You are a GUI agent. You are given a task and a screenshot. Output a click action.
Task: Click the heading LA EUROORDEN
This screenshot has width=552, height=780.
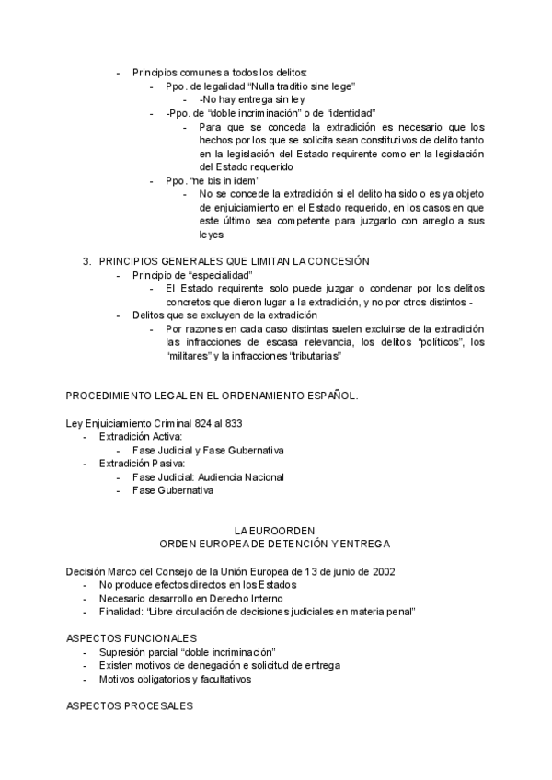click(x=275, y=531)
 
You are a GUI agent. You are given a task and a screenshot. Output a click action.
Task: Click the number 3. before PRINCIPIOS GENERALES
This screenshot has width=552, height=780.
click(x=88, y=262)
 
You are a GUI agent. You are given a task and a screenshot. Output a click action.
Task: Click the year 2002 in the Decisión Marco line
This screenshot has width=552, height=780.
click(x=384, y=571)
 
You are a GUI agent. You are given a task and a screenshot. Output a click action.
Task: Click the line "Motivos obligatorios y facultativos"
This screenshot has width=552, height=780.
click(x=176, y=679)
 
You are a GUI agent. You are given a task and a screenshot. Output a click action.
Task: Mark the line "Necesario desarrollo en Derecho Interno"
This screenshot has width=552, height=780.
click(x=188, y=598)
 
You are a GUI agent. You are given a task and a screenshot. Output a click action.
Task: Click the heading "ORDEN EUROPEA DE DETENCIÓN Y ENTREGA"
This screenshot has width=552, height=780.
click(x=275, y=545)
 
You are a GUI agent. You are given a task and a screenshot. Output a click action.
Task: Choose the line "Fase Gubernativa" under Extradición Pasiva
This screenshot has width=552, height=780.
click(x=172, y=491)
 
